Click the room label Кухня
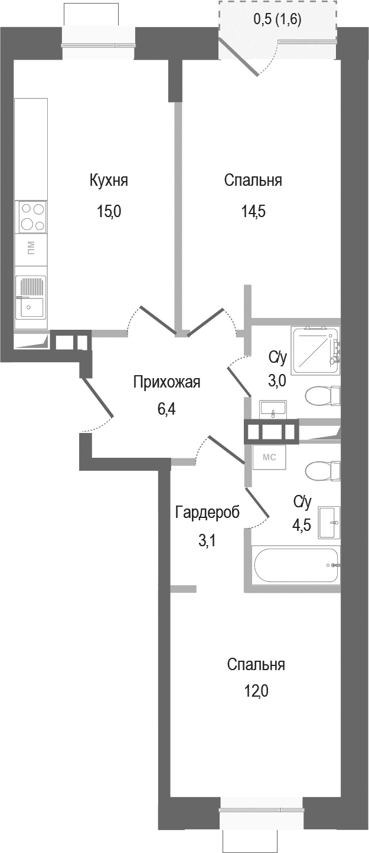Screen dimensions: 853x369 109,181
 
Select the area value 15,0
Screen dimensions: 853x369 109,211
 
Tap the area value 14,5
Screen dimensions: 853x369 253,211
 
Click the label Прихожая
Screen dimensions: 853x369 167,382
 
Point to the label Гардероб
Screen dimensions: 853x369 207,513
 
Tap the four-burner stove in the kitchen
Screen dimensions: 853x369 32,217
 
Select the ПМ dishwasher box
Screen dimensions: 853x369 31,248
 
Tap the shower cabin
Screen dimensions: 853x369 316,350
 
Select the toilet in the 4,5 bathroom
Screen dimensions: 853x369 322,471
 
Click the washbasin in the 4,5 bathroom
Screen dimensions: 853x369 329,522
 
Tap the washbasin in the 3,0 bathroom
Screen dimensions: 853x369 273,408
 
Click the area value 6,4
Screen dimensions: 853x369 167,409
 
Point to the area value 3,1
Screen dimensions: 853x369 207,540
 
